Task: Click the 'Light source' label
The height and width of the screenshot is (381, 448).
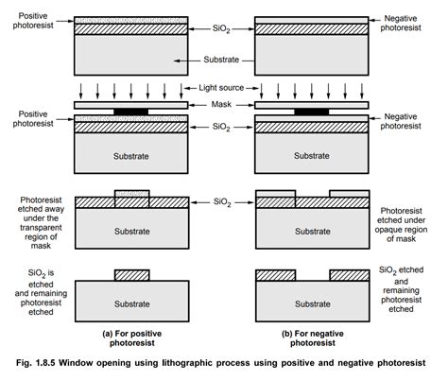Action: point(225,87)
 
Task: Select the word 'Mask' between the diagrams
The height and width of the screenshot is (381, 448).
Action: point(225,105)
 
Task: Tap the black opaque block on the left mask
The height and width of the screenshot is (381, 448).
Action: point(132,112)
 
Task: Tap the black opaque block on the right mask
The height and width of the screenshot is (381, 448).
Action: point(313,112)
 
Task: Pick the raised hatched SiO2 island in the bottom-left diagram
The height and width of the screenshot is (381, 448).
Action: point(132,275)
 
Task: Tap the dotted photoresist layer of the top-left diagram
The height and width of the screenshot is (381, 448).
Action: point(132,19)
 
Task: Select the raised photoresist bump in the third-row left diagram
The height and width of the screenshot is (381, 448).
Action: point(132,195)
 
